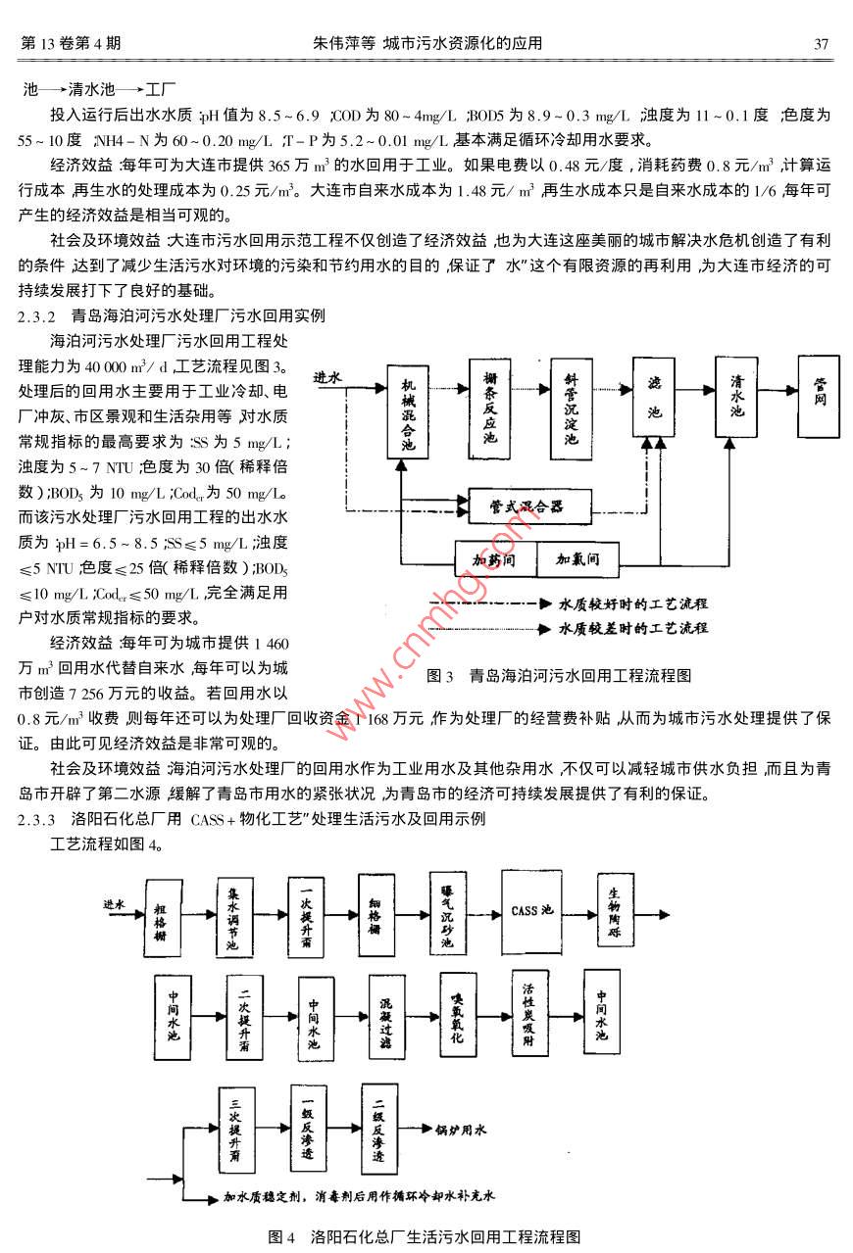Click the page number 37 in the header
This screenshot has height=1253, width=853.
(823, 44)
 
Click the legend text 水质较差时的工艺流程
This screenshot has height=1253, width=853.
(632, 627)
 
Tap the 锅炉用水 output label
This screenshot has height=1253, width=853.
(461, 1131)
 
